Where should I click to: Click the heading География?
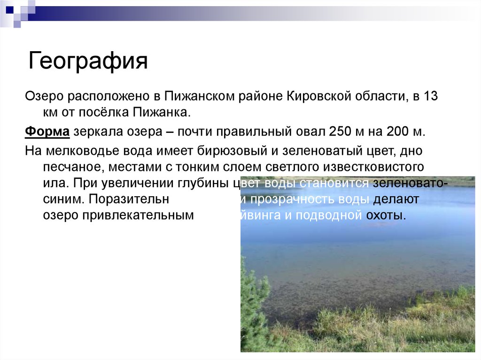tap(88, 61)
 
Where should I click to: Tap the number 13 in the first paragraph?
tap(431, 97)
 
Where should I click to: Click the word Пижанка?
tap(162, 113)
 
